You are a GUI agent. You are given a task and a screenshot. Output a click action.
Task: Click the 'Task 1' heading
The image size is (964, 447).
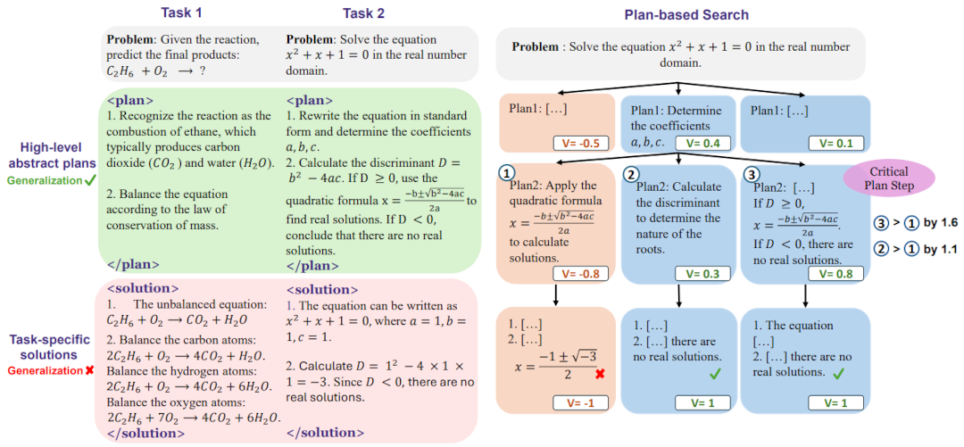click(181, 13)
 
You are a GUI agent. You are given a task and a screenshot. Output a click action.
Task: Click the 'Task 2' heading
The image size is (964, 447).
click(364, 13)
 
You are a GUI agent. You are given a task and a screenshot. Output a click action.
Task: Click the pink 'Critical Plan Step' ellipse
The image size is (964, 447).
click(888, 178)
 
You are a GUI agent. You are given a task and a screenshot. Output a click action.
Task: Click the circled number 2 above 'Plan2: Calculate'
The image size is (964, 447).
click(633, 173)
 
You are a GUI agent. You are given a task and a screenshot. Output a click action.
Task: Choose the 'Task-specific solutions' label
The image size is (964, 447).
click(49, 346)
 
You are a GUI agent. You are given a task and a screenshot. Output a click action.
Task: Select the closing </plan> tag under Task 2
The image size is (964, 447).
click(310, 265)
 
